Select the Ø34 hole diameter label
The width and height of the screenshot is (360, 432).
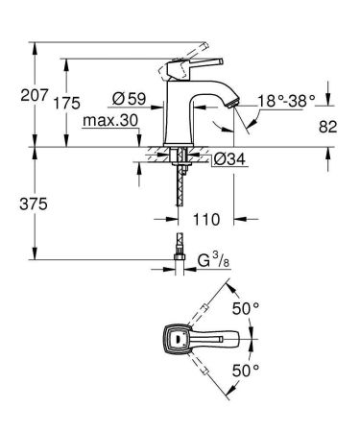221,159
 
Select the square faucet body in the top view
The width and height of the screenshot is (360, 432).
176,338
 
